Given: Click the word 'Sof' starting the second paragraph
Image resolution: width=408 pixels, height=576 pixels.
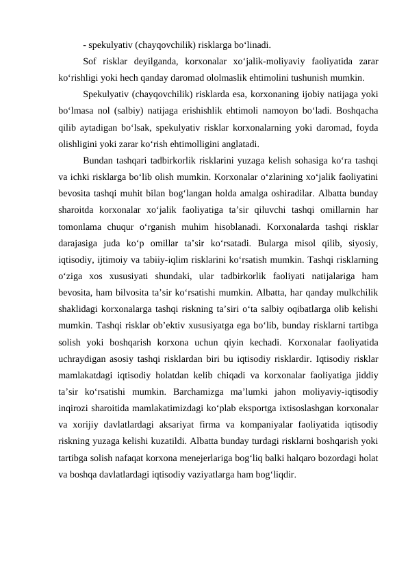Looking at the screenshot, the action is click(90, 62).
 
